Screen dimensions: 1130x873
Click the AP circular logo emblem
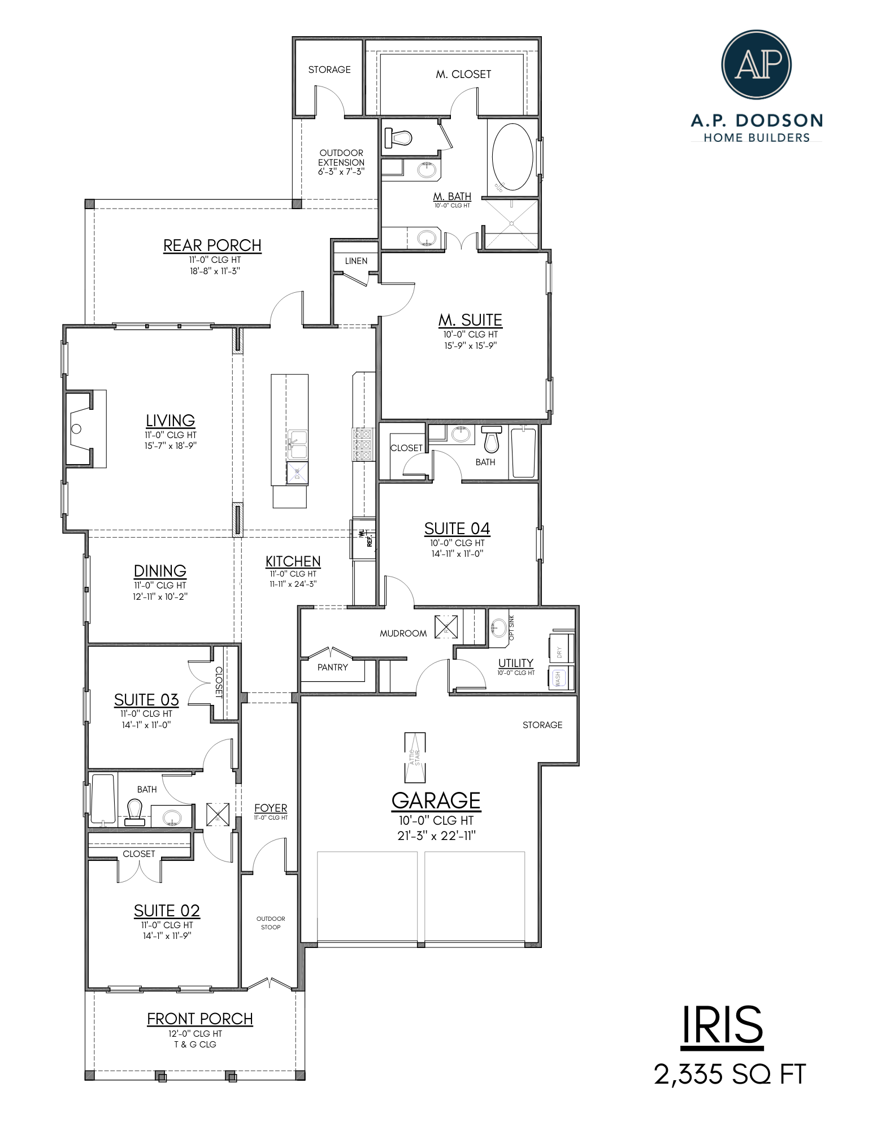tap(756, 64)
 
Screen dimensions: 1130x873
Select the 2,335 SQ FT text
tap(729, 1074)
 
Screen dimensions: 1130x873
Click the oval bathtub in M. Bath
tap(512, 157)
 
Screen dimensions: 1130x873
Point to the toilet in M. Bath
tap(398, 137)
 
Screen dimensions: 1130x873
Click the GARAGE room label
tap(436, 800)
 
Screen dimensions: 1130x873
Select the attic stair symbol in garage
tap(415, 757)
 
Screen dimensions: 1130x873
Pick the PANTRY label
tap(332, 668)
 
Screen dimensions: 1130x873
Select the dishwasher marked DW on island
tap(297, 473)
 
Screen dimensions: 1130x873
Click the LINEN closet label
tap(356, 261)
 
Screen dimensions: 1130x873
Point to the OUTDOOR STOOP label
tap(271, 923)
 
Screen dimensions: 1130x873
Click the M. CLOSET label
tap(463, 74)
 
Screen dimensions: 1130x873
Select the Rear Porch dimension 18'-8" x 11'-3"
tap(215, 271)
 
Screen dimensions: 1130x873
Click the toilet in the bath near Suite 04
tap(492, 440)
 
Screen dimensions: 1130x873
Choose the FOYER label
tap(271, 808)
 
